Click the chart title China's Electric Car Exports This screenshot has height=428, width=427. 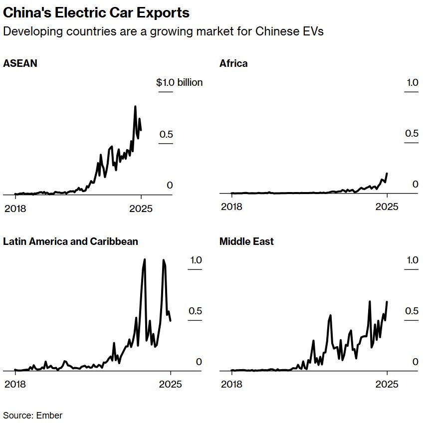click(x=96, y=12)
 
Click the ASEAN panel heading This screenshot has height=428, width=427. click(x=20, y=63)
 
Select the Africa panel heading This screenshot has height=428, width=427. click(x=233, y=63)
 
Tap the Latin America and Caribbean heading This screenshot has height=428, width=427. click(x=70, y=241)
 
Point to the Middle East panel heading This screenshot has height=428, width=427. click(x=246, y=241)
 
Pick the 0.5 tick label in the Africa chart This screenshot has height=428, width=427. click(x=412, y=133)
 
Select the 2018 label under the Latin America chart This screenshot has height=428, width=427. click(x=15, y=384)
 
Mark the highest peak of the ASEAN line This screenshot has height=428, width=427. click(x=135, y=106)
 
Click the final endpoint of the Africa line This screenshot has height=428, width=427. click(x=387, y=174)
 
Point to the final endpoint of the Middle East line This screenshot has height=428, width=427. click(x=387, y=302)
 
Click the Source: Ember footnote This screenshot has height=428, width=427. click(x=33, y=415)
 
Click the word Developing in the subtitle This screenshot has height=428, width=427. click(x=29, y=31)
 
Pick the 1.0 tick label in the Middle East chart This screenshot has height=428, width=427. click(x=412, y=260)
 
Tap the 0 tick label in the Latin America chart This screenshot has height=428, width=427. click(x=199, y=362)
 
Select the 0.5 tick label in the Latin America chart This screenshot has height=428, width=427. click(x=195, y=311)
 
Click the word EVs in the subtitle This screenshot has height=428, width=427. click(x=312, y=31)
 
